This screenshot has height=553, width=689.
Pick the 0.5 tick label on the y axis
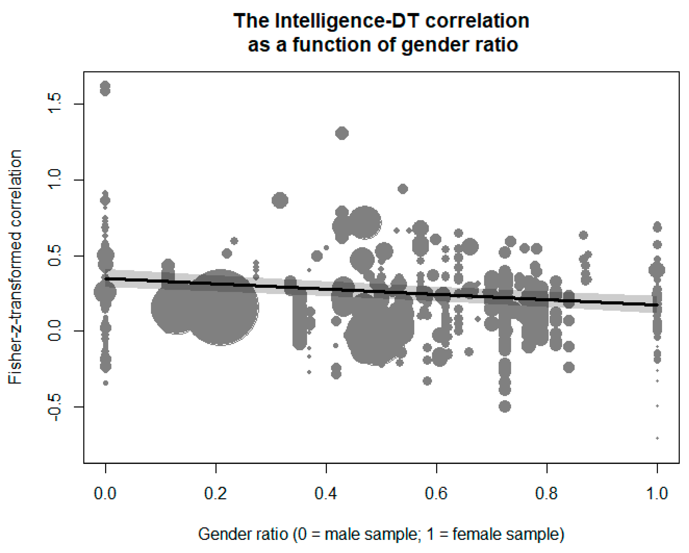(54, 256)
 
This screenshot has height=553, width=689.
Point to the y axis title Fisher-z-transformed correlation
(15, 267)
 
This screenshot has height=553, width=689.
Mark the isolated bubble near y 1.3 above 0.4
(342, 133)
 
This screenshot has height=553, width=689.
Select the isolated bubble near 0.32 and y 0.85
(280, 200)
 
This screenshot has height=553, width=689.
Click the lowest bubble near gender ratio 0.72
(505, 407)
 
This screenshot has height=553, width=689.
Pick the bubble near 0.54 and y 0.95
(403, 189)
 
